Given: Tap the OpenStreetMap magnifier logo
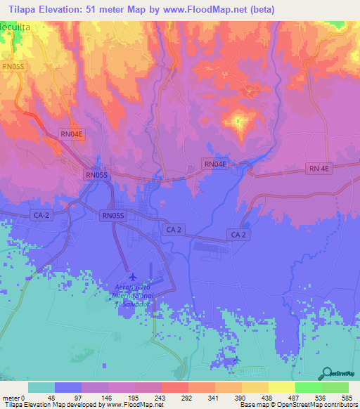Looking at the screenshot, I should point(327,372).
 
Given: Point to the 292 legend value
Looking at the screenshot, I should point(187,397).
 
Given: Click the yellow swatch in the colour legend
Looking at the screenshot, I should point(281,387).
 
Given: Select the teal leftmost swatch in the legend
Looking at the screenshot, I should point(41,387).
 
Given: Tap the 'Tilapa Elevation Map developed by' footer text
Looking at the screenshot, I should point(49,405).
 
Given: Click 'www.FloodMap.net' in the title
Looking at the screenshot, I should point(216,10).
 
